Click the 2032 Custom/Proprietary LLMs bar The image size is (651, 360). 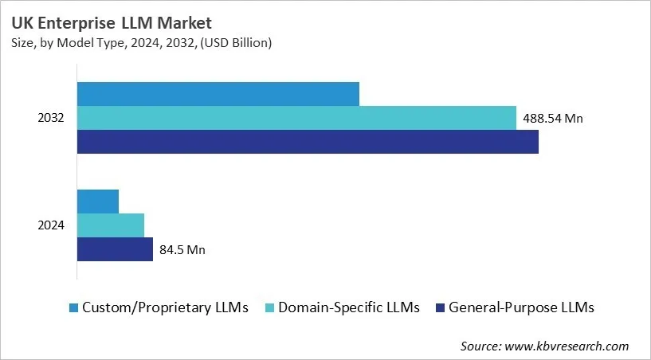pos(218,94)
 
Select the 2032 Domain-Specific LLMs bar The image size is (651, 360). pos(296,118)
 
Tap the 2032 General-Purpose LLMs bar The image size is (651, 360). pos(308,142)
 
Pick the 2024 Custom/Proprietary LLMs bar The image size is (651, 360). pos(97,202)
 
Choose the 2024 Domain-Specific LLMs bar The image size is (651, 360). pos(110,225)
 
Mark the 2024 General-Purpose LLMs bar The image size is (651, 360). pos(115,249)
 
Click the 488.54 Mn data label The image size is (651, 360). pos(553,119)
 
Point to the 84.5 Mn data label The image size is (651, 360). pos(182,250)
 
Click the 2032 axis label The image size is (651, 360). pos(51,118)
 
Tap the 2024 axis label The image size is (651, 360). pos(51,225)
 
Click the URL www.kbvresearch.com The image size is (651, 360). pos(567,346)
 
